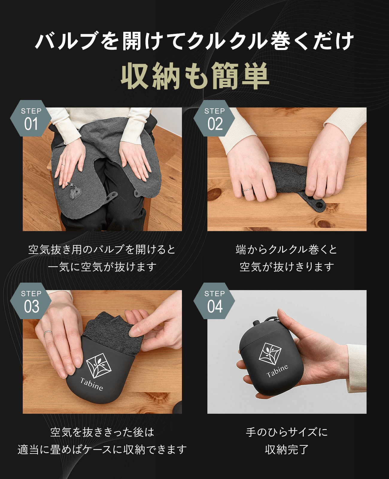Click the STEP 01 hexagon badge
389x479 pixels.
point(31,118)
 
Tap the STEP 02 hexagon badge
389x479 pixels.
point(214,118)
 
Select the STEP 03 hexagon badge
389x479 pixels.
point(31,301)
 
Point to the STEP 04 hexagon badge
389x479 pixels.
point(214,301)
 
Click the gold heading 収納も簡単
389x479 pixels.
point(195,76)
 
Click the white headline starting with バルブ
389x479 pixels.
point(194,41)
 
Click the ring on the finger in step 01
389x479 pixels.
point(63,165)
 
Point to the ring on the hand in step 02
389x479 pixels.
point(248,189)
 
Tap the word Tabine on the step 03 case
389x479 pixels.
point(92,384)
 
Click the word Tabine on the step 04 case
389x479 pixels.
point(277,371)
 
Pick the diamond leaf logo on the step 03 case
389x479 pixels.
point(99,366)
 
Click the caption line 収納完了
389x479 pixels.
point(287,450)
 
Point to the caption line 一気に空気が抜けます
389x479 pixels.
point(102,267)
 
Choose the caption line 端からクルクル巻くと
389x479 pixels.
point(286,250)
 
